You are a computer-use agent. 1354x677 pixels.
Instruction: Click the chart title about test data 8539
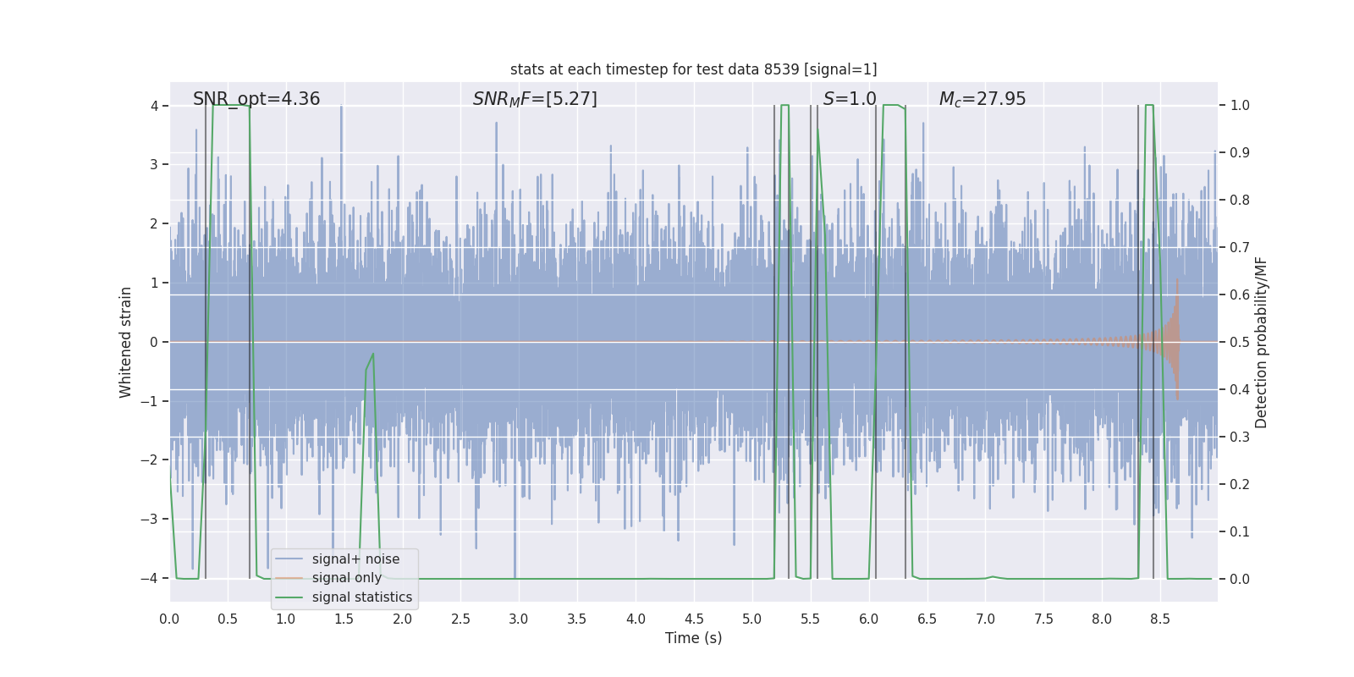click(693, 69)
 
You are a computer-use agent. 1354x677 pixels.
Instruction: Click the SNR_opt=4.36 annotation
click(256, 99)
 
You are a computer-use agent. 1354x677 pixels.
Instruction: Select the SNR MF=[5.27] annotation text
click(535, 99)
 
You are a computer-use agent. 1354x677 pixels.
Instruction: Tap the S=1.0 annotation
click(850, 99)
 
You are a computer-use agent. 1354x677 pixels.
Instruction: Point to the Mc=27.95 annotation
click(982, 99)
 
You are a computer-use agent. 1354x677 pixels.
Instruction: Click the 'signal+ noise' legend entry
click(355, 559)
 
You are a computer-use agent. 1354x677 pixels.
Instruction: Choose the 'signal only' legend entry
click(347, 578)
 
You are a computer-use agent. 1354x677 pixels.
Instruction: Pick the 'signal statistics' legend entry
click(362, 597)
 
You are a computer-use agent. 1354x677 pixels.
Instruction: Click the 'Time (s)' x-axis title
click(693, 638)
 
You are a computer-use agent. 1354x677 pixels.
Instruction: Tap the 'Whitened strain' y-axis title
click(126, 342)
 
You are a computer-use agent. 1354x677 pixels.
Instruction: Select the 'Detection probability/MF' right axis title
click(1261, 342)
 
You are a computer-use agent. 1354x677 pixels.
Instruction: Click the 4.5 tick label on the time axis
click(694, 619)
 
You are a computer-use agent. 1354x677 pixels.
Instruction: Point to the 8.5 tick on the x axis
click(1160, 619)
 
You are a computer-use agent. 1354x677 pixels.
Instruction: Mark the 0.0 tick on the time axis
click(169, 619)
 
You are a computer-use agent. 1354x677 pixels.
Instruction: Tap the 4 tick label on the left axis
click(154, 106)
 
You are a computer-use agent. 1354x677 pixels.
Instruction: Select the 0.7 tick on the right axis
click(1240, 248)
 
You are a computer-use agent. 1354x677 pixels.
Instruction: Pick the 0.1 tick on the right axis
click(1240, 532)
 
